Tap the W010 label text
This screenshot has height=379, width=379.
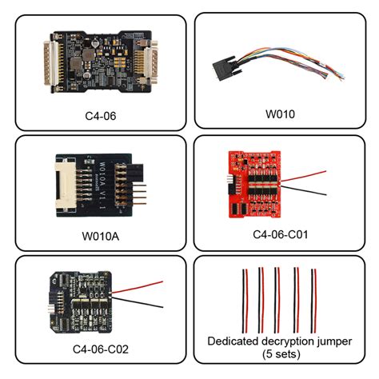(280, 114)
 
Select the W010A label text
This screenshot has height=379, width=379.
(101, 237)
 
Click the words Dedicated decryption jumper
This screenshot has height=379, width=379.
(280, 341)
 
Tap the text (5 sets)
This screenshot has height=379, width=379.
(280, 355)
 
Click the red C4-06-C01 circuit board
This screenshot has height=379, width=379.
(257, 185)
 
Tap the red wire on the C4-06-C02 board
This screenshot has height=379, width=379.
(144, 286)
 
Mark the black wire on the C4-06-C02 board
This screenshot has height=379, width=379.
(144, 305)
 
